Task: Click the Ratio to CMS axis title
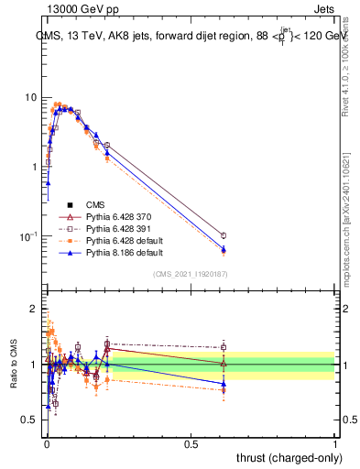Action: click(x=13, y=365)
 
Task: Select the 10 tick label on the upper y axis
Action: click(x=31, y=97)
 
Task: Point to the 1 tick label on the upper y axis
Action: click(x=35, y=167)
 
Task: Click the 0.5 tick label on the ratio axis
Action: click(x=31, y=420)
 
